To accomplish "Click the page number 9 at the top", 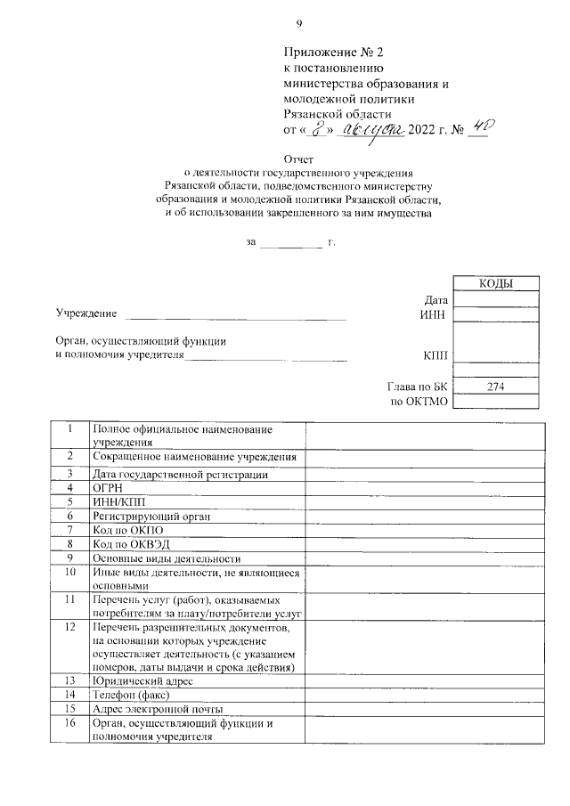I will (x=299, y=23).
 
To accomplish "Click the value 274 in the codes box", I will (x=496, y=387).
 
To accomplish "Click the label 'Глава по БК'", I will (x=416, y=387).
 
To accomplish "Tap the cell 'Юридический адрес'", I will (x=142, y=680).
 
